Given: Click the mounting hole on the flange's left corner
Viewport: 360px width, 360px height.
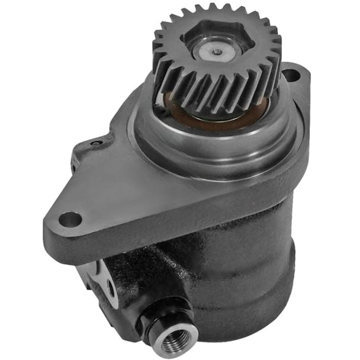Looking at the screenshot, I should coord(70,218).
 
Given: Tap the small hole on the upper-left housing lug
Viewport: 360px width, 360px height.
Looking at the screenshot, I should coord(95,143).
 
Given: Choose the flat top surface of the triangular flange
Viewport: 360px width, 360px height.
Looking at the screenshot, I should coord(118,189).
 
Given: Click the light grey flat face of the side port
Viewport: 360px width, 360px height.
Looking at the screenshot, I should coord(104,278).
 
